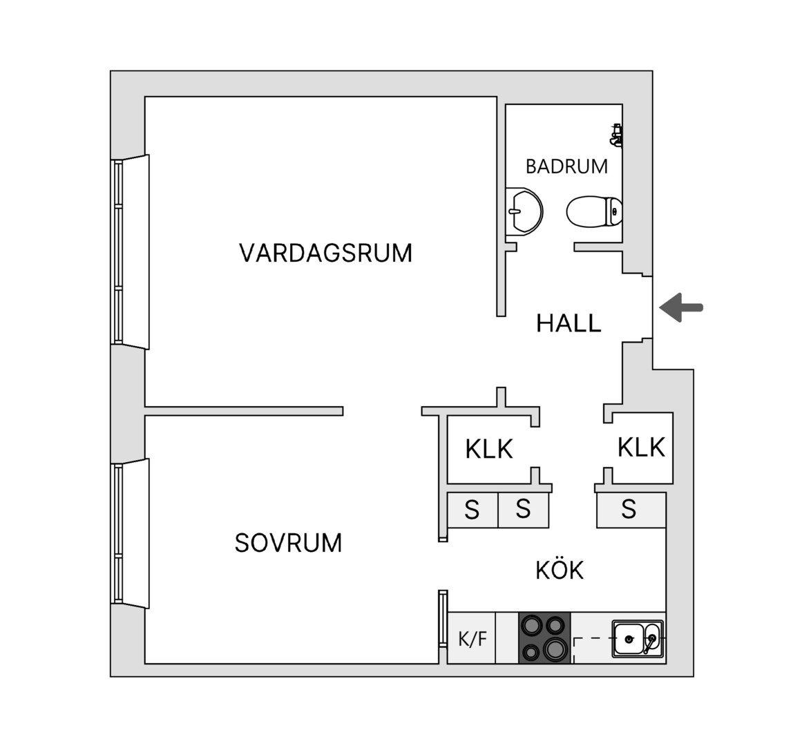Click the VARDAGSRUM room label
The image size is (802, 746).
326,253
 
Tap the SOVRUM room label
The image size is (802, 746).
289,543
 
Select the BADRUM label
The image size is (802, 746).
566,166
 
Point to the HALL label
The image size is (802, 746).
569,323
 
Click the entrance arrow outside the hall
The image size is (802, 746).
681,308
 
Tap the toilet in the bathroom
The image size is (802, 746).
594,211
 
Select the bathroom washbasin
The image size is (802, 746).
523,211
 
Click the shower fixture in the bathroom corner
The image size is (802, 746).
616,135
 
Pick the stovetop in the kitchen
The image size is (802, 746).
545,638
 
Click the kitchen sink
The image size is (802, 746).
638,639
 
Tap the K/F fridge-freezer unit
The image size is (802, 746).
472,638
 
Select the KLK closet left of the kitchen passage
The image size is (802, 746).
489,449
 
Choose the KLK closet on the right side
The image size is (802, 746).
642,448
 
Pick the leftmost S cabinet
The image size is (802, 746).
472,510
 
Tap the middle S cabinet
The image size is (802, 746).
523,510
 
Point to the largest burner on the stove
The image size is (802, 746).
555,649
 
